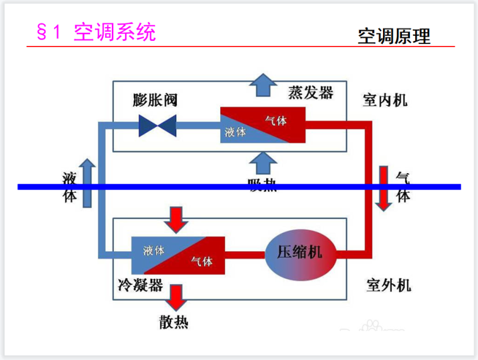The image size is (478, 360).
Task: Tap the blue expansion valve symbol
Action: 158,125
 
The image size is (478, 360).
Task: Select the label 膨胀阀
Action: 155,100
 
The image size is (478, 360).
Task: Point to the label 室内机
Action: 385,100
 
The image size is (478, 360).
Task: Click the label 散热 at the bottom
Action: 174,323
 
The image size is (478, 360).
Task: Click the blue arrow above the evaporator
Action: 262,84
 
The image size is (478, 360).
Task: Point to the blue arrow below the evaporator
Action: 262,166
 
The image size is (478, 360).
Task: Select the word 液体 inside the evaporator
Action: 235,133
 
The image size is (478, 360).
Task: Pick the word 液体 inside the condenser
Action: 153,249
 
